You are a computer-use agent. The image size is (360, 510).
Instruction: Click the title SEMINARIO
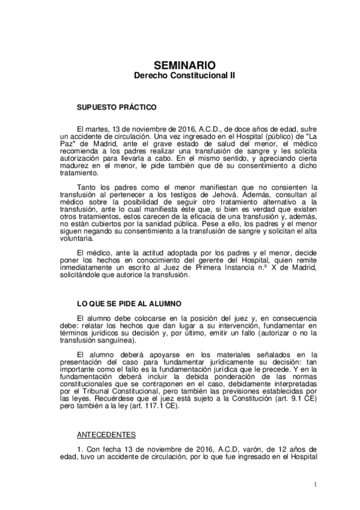[180, 66]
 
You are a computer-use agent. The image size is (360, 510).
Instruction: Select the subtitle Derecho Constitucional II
[180, 76]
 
